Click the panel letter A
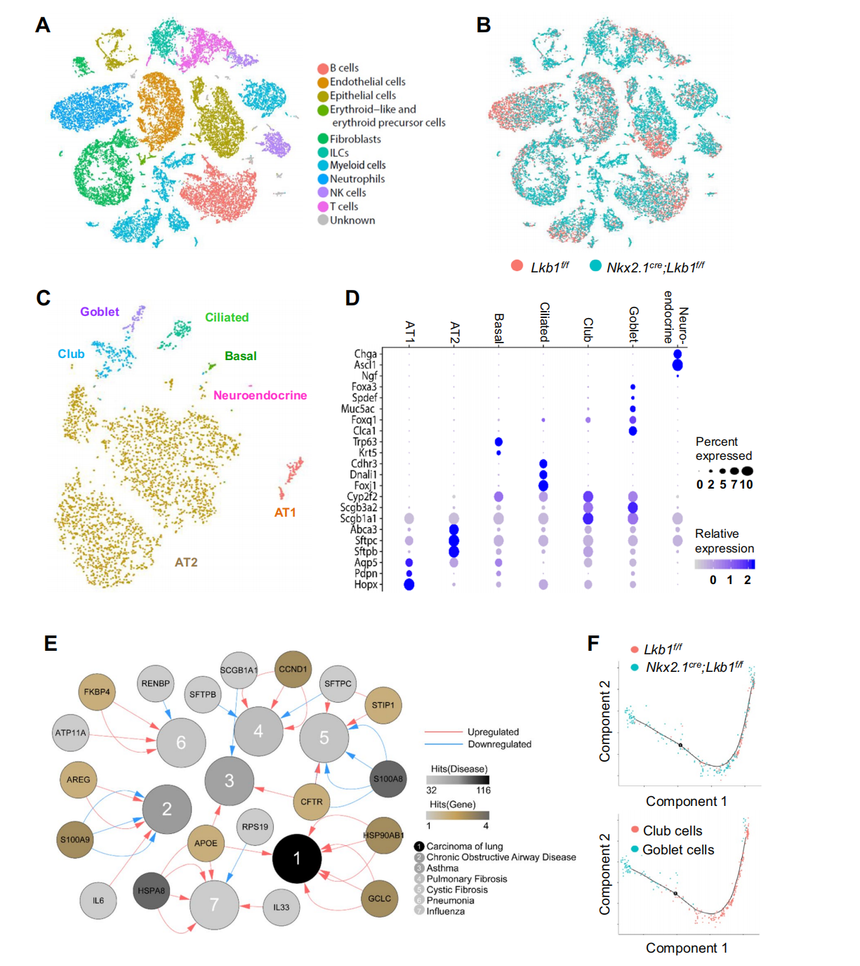[43, 26]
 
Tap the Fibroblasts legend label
[355, 139]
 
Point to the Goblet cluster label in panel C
[100, 312]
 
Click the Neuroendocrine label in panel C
[260, 395]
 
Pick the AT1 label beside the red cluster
[285, 512]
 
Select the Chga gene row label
[365, 355]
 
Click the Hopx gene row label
[365, 584]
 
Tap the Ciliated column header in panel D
[544, 322]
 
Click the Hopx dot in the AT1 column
[409, 584]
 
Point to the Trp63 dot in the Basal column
[498, 442]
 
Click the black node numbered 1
[297, 858]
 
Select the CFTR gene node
[312, 802]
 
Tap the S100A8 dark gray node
[388, 779]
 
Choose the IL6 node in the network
[98, 900]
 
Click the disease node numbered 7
[214, 905]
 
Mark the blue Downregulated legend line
[444, 744]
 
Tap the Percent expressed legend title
[723, 449]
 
